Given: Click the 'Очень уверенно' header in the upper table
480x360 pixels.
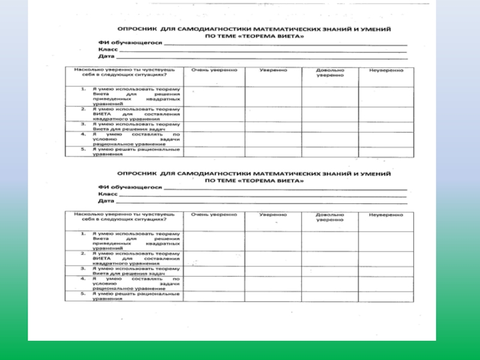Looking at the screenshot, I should coord(214,70).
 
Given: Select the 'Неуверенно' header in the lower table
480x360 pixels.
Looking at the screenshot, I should coord(386,214).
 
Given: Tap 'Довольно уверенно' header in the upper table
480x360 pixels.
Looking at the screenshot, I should coord(330,73).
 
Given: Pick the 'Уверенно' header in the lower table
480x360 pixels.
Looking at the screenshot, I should coord(273,214).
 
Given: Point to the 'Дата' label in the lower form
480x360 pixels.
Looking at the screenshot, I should coord(106,202).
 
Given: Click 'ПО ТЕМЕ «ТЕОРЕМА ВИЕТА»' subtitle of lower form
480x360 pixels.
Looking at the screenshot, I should coord(254,180).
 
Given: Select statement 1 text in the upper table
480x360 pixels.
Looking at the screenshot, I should coord(136,96).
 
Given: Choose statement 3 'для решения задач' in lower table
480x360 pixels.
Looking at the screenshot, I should coord(136,271).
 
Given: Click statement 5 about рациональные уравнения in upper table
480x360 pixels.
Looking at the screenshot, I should coord(136,151).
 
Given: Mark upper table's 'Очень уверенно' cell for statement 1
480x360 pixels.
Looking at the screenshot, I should coord(214,96).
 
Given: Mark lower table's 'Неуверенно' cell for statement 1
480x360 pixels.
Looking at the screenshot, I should coord(386,240).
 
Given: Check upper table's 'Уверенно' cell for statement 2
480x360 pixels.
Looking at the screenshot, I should coord(273,113).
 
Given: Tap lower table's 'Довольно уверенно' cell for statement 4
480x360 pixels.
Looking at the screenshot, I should coord(330,284).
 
